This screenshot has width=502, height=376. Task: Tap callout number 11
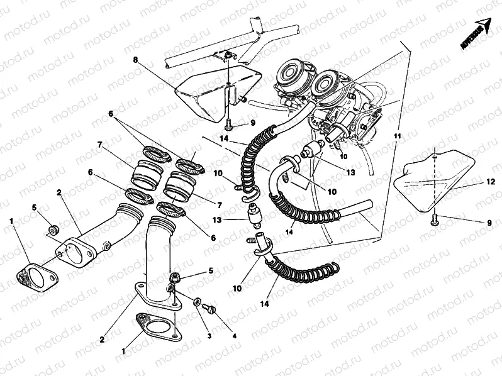pyautogui.click(x=398, y=135)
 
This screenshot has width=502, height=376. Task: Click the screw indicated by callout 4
pyautogui.click(x=211, y=308)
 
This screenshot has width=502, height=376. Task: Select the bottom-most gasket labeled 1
pyautogui.click(x=157, y=325)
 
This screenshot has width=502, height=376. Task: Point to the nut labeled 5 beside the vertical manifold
pyautogui.click(x=174, y=277)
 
